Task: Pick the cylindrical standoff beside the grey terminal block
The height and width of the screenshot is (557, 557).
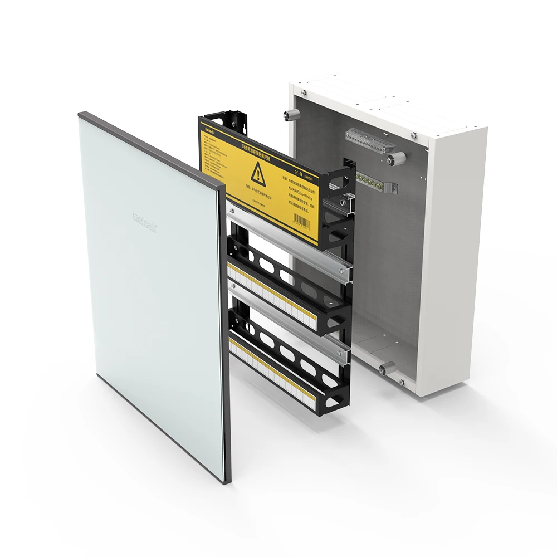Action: [x=390, y=160]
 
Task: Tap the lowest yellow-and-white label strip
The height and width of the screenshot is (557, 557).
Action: [x=278, y=368]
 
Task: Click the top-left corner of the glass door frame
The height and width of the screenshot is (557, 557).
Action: [x=82, y=116]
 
